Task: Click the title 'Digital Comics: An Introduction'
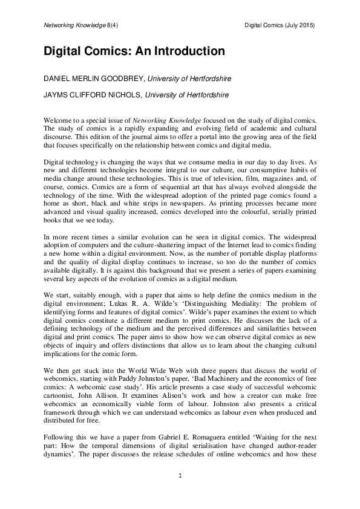134,51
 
